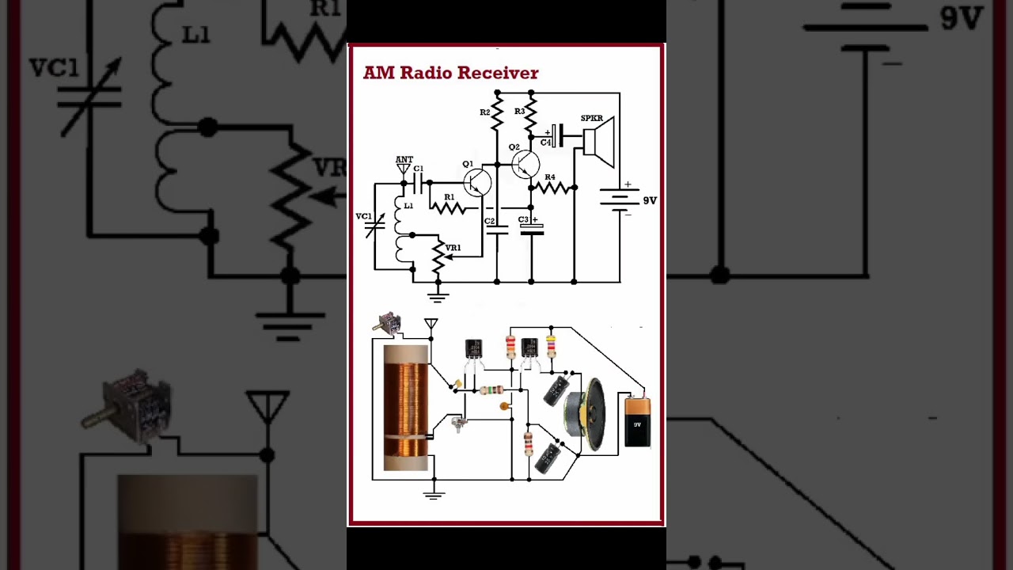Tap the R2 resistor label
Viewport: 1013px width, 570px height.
485,112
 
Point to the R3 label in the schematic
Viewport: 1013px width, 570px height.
519,112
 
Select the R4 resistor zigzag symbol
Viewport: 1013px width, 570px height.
552,188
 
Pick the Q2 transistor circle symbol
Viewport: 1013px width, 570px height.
525,165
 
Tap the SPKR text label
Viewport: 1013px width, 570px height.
592,119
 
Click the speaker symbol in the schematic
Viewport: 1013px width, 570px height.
599,142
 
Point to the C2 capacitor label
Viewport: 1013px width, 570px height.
489,221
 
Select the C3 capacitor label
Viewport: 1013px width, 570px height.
523,220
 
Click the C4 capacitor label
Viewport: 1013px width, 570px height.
545,142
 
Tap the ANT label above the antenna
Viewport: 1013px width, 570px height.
404,160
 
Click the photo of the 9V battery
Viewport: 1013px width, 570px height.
637,422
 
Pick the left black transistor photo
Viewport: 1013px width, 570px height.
473,349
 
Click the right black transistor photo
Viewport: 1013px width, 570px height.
529,348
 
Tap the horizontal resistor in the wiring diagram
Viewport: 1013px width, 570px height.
491,389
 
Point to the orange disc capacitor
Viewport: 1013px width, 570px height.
504,406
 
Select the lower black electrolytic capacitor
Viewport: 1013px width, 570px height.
548,458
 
